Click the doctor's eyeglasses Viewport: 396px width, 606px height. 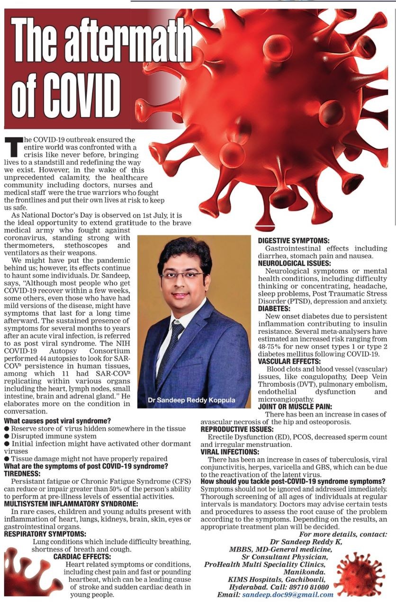pyautogui.click(x=182, y=275)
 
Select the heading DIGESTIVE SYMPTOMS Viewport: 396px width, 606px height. pyautogui.click(x=294, y=241)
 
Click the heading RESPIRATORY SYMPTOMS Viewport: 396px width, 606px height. pyautogui.click(x=45, y=534)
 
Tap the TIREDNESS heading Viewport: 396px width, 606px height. pyautogui.click(x=23, y=473)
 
